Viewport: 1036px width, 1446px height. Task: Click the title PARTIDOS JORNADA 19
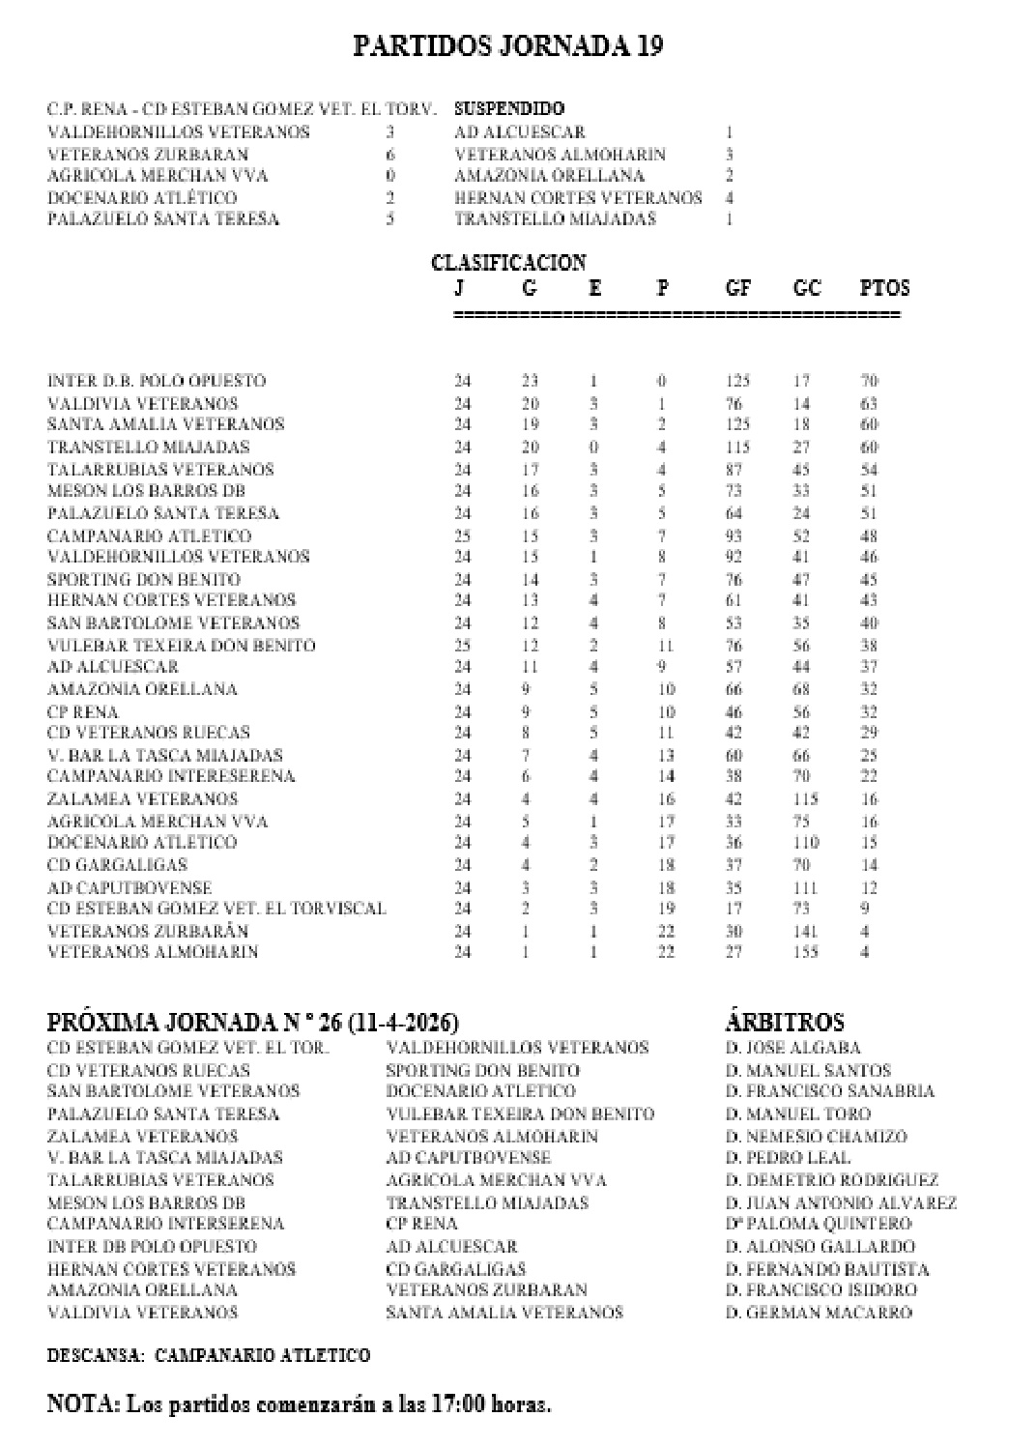pos(507,46)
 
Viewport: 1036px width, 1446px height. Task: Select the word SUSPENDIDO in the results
pos(509,109)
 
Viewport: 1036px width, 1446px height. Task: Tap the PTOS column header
pos(884,288)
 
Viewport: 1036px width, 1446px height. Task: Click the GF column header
pos(737,288)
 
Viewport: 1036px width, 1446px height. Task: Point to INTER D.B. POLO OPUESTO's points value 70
pos(868,381)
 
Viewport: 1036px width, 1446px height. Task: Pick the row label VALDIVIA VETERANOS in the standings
pos(142,403)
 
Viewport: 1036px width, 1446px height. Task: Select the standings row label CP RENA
pos(82,711)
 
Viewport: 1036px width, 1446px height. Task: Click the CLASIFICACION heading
pos(508,262)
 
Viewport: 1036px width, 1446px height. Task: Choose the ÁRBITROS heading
pos(784,1023)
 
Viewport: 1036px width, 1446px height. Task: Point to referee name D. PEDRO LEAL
pos(788,1157)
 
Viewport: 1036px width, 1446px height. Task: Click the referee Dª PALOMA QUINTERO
pos(818,1224)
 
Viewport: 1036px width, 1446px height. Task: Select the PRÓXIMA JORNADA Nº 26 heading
pos(253,1023)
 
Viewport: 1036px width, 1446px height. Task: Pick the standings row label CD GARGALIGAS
pos(117,865)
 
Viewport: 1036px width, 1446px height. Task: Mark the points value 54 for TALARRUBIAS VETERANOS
pos(868,470)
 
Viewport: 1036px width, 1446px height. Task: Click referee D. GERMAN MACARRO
pos(819,1313)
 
